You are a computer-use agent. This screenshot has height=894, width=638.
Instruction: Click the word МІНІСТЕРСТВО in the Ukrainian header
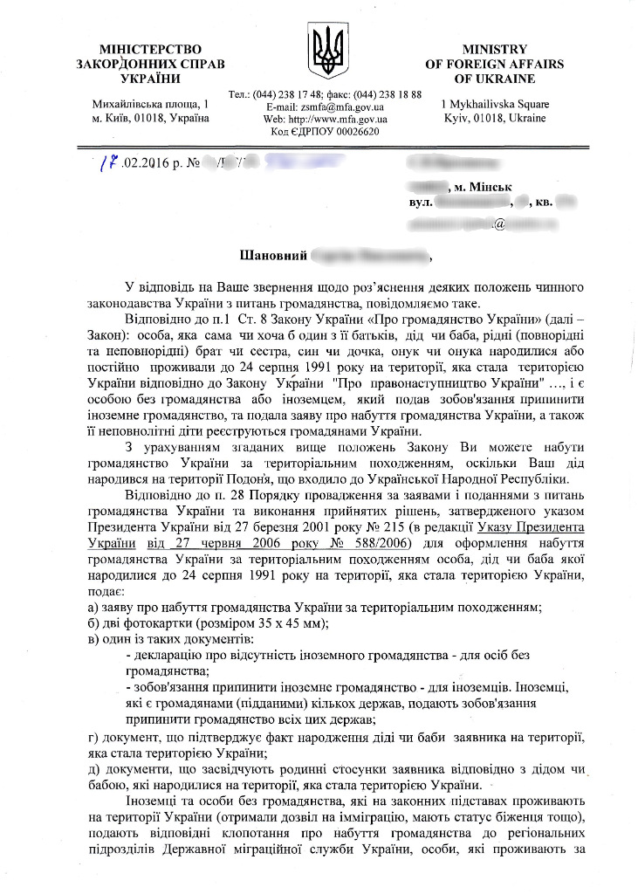[150, 49]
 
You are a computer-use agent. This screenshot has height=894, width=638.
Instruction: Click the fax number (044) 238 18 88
[388, 94]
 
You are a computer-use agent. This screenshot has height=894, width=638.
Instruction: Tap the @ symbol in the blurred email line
[499, 224]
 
